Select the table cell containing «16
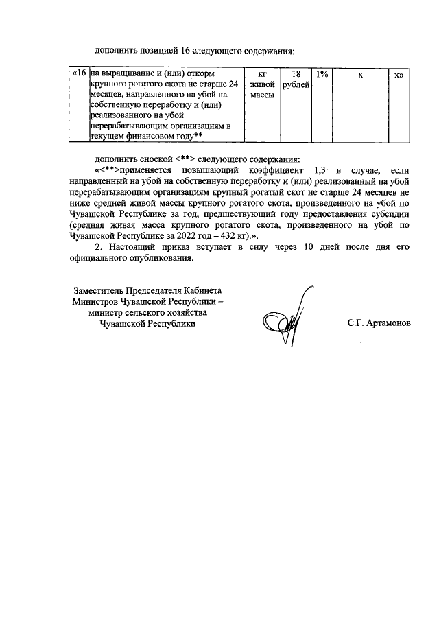click(80, 73)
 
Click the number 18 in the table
click(296, 73)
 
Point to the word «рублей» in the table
click(296, 84)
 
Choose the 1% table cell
click(322, 73)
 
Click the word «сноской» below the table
click(153, 158)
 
